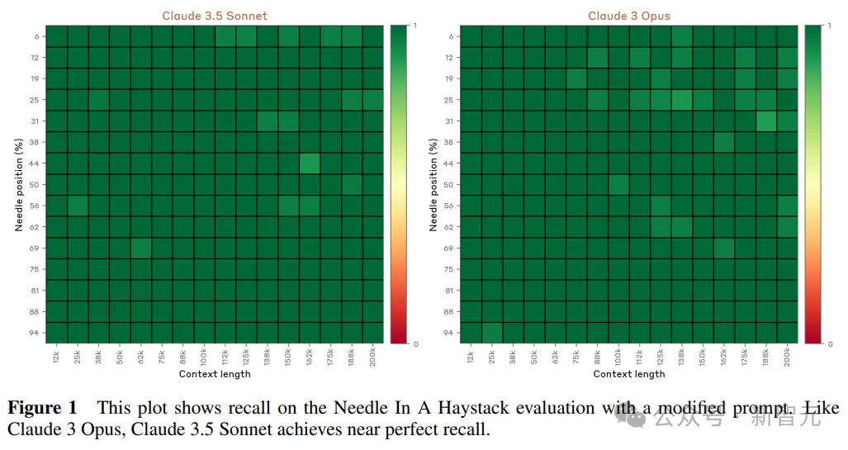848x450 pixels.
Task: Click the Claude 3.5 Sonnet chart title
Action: point(215,16)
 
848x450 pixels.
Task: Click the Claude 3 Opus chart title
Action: point(629,16)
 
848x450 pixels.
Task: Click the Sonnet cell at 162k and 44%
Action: point(310,163)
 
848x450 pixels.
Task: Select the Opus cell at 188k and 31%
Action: point(766,121)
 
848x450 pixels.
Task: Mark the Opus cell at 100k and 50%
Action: point(618,185)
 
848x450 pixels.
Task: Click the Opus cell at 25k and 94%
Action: point(491,333)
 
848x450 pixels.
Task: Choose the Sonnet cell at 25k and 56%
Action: point(77,206)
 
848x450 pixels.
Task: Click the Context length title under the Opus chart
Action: point(629,374)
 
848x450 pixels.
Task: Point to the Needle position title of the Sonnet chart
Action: point(18,184)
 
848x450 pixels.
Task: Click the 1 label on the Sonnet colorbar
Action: point(415,26)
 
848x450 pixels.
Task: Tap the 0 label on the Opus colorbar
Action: point(829,343)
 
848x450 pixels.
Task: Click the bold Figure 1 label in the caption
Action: point(42,408)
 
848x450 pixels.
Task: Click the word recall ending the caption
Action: point(467,429)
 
